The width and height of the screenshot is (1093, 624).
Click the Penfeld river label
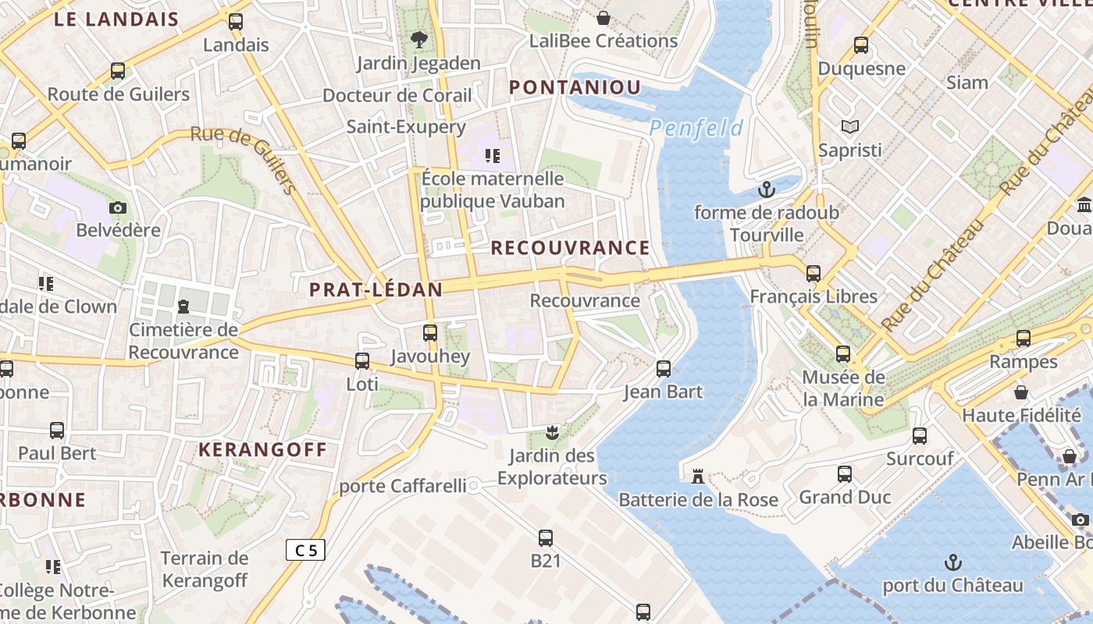coord(696,127)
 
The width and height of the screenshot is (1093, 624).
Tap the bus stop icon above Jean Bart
coord(664,369)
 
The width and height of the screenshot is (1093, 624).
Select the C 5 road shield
coord(305,550)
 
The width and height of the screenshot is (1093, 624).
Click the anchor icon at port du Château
coord(952,562)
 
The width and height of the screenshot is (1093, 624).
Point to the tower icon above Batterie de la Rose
coord(698,476)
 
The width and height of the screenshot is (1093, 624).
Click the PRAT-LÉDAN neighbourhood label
coord(376,290)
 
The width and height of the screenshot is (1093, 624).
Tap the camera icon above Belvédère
coord(118,207)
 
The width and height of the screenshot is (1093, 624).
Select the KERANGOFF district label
coord(262,450)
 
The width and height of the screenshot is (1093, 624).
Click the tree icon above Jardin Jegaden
coord(419,39)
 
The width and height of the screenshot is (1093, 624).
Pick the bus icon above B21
coord(546,537)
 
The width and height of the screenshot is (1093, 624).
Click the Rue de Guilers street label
coord(244,158)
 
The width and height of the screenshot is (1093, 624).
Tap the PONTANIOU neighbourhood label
coord(575,87)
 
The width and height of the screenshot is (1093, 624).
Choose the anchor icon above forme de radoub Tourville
coord(767,189)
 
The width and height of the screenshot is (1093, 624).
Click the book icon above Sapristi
coord(849,126)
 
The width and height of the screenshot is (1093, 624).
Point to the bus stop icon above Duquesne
coord(861,45)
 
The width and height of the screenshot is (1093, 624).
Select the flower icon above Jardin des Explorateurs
coord(552,431)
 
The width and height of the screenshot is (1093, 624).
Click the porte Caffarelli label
coord(402,486)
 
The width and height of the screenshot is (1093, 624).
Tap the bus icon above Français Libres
coord(814,273)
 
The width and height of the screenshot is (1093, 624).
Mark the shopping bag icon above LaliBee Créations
coord(603,17)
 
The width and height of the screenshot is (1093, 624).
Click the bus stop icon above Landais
coord(236,22)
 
